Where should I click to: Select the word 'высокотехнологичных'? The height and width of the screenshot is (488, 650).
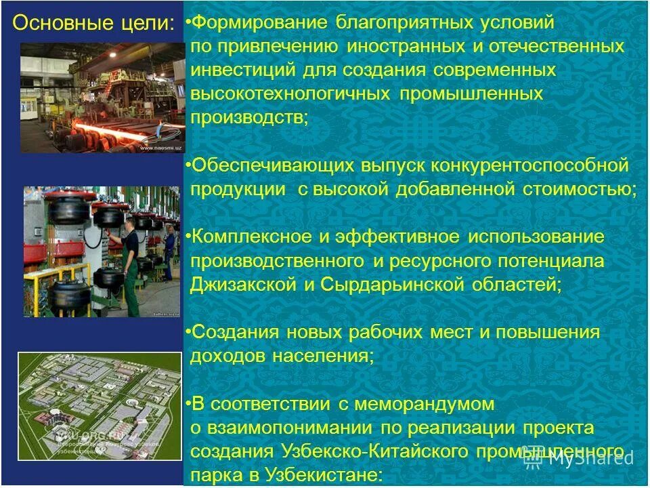[290, 94]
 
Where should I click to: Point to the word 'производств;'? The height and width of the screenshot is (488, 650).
[248, 117]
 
